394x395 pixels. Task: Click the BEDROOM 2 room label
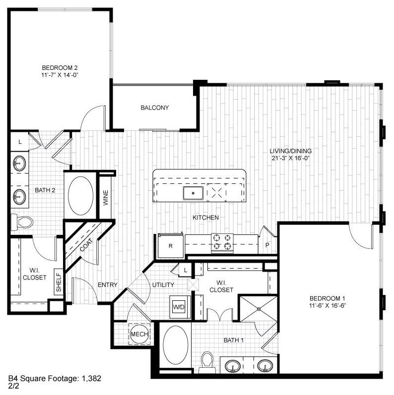[x=60, y=67]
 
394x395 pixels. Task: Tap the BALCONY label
[x=155, y=108]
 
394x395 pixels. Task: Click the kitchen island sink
[x=193, y=192]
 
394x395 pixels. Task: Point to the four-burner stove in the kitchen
[x=222, y=241]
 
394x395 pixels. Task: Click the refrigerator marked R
[x=170, y=245]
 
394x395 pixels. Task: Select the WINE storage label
[x=105, y=197]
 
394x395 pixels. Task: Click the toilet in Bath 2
[x=22, y=221]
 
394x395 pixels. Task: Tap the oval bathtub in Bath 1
[x=175, y=345]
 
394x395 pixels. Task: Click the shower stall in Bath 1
[x=258, y=308]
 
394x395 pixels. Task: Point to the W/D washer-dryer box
[x=178, y=307]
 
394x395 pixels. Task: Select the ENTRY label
[x=107, y=284]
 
